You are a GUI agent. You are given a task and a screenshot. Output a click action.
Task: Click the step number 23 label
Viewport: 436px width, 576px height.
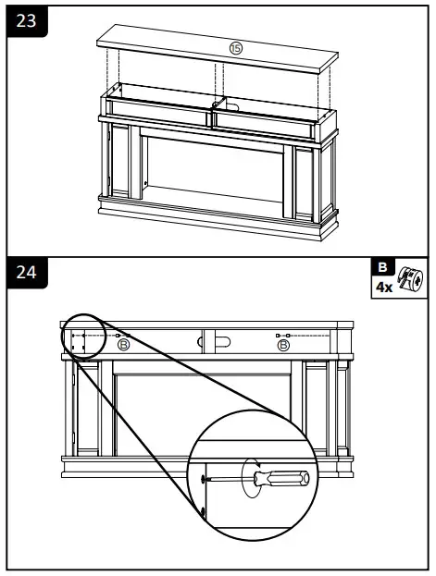(x=27, y=21)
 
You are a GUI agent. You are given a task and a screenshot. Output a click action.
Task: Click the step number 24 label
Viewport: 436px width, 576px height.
(x=27, y=275)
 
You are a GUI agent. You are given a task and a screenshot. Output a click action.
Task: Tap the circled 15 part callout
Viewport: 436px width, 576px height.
(x=235, y=48)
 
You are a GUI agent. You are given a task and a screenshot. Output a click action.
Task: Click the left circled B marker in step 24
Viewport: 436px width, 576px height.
(x=123, y=345)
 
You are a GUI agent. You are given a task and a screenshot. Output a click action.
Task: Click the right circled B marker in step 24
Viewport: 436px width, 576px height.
(x=283, y=345)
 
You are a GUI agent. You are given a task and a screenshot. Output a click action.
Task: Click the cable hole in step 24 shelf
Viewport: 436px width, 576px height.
(x=220, y=343)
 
